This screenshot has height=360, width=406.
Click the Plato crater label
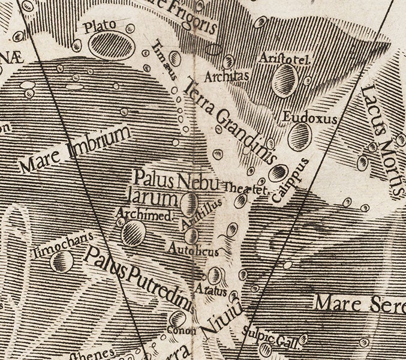98,26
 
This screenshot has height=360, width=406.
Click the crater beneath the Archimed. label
134,230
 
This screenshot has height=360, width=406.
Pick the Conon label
178,331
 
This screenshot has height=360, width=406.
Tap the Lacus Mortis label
381,139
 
